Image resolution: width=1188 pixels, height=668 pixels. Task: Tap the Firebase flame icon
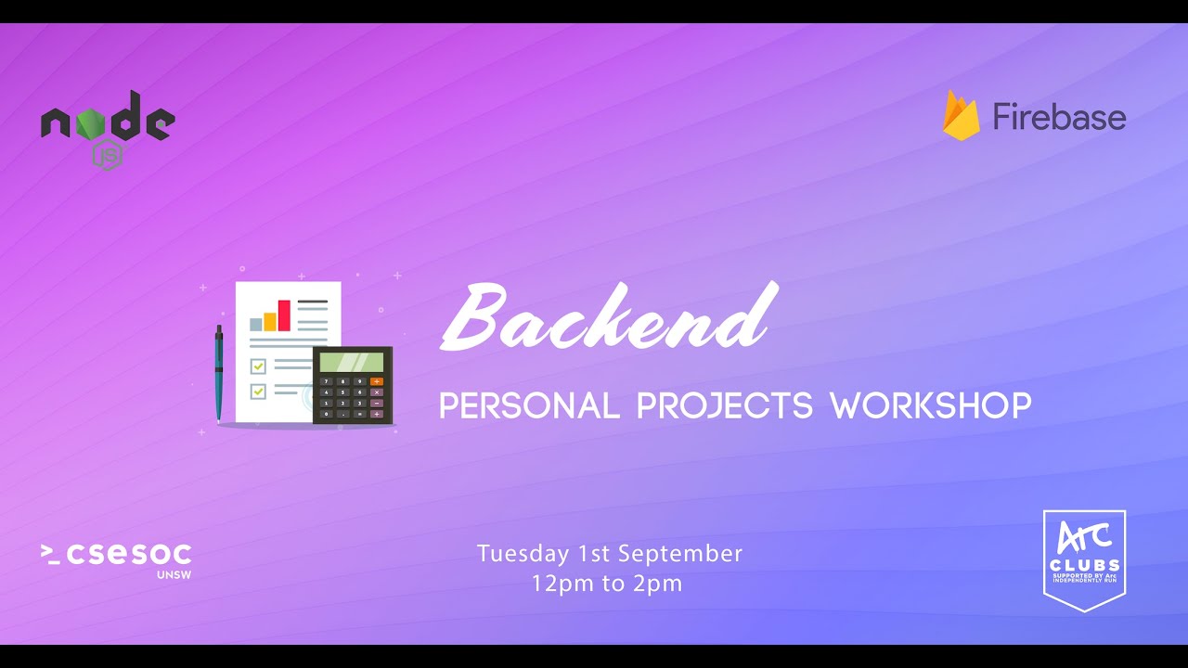[961, 116]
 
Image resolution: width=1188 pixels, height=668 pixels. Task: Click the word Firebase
[1059, 117]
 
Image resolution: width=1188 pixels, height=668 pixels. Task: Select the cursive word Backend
[608, 317]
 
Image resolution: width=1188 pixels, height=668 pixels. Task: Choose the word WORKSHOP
[930, 405]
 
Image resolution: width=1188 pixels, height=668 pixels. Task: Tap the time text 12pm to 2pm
[607, 584]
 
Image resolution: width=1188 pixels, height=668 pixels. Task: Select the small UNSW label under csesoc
[174, 574]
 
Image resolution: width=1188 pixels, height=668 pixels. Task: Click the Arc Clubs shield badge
[1084, 559]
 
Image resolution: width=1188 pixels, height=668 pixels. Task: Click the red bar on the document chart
[284, 315]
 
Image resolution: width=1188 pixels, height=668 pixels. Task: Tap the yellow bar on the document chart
[270, 321]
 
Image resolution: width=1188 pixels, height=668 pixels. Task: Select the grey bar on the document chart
[256, 325]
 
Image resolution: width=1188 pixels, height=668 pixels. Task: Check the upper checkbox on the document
[258, 366]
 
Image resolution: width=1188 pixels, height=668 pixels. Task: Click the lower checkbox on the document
[258, 392]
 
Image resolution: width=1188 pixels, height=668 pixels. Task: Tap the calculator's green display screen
[352, 361]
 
